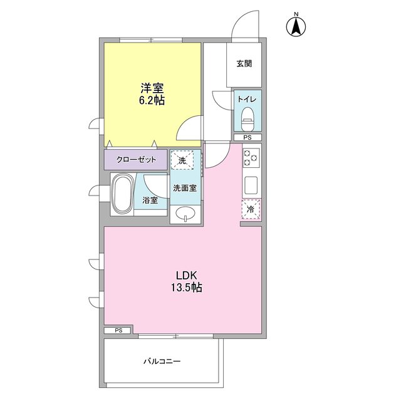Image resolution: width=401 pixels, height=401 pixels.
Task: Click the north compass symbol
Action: [x=295, y=26]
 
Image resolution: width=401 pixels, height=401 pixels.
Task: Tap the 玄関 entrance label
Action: [x=244, y=63]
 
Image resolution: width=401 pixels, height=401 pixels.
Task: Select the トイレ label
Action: [x=247, y=99]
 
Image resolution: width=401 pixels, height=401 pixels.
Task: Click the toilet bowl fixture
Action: [x=248, y=116]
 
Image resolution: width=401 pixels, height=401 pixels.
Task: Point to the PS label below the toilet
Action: [x=247, y=137]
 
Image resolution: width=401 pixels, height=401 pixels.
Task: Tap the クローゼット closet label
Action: [x=135, y=160]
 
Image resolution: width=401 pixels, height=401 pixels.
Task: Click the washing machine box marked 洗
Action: [x=182, y=160]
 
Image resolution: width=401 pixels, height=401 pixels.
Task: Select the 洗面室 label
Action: [x=185, y=187]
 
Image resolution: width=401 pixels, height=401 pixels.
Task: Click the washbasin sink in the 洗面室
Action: [x=185, y=214]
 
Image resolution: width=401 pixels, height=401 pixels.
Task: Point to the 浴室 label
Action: [x=150, y=201]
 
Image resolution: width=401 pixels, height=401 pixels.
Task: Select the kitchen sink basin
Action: [x=251, y=185]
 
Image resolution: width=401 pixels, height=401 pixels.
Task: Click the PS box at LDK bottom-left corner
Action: [x=118, y=330]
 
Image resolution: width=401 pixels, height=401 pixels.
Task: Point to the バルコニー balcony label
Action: [x=162, y=362]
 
